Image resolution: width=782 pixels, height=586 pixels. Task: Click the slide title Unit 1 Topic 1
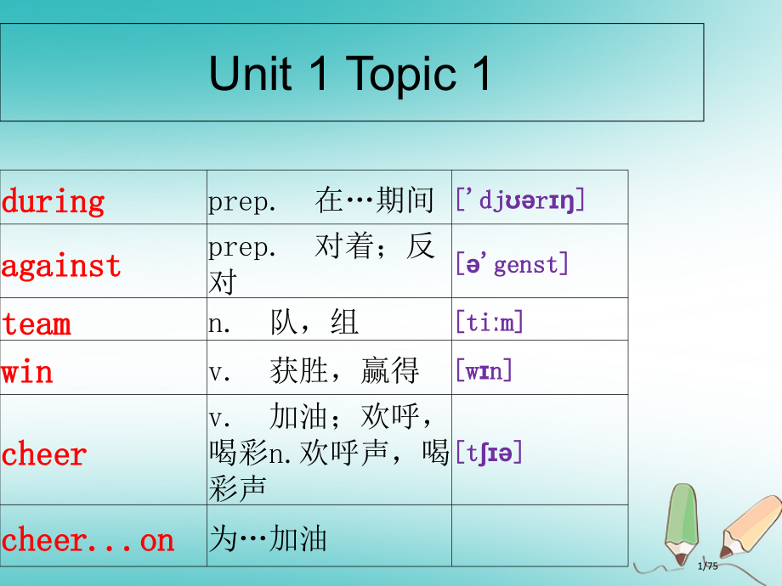pyautogui.click(x=350, y=74)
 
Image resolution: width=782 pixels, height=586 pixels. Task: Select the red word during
pyautogui.click(x=53, y=201)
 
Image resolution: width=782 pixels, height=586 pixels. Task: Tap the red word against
pyautogui.click(x=61, y=265)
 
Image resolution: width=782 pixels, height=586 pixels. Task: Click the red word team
pyautogui.click(x=36, y=324)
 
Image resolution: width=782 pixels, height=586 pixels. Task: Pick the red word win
pyautogui.click(x=27, y=371)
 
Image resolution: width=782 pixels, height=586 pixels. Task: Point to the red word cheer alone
pyautogui.click(x=44, y=454)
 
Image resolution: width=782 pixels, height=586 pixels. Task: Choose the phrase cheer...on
pyautogui.click(x=88, y=539)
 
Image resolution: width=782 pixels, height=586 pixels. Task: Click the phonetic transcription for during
pyautogui.click(x=520, y=201)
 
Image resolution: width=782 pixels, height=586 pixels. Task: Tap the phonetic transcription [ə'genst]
pyautogui.click(x=512, y=264)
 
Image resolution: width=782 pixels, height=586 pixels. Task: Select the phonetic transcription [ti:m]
pyautogui.click(x=490, y=323)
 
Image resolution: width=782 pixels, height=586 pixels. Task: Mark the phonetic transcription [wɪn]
pyautogui.click(x=484, y=371)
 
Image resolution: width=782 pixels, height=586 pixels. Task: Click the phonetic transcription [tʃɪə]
pyautogui.click(x=489, y=452)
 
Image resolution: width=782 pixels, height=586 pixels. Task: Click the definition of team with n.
pyautogui.click(x=284, y=323)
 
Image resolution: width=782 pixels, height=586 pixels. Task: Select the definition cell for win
pyautogui.click(x=314, y=371)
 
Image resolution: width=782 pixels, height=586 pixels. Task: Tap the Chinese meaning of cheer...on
pyautogui.click(x=269, y=539)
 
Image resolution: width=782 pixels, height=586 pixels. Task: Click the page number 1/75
pyautogui.click(x=707, y=567)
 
